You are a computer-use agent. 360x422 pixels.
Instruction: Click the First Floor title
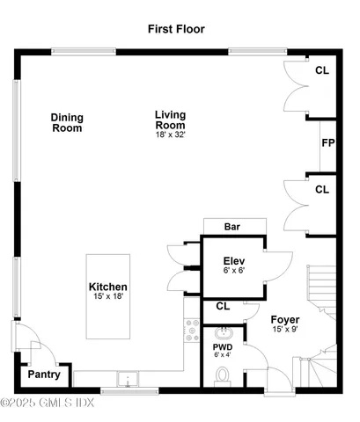(x=176, y=29)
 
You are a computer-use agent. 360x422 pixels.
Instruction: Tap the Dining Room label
(x=67, y=122)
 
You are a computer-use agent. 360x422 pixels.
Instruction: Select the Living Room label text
(x=171, y=120)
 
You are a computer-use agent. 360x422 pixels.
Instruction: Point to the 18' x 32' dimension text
(x=171, y=135)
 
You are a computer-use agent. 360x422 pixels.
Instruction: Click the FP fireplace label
(x=327, y=143)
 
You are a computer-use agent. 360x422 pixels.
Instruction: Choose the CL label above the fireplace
(x=322, y=69)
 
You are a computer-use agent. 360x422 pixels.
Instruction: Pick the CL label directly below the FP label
(x=322, y=188)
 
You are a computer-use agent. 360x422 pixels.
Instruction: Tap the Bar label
(x=232, y=227)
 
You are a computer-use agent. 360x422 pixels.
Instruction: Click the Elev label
(x=233, y=261)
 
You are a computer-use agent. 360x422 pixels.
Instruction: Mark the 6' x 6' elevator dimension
(x=233, y=272)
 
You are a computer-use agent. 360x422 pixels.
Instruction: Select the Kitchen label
(x=108, y=287)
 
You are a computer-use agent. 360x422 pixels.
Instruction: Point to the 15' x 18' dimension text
(x=108, y=298)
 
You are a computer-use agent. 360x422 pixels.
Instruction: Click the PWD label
(x=222, y=346)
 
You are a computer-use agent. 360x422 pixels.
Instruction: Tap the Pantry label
(x=43, y=375)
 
